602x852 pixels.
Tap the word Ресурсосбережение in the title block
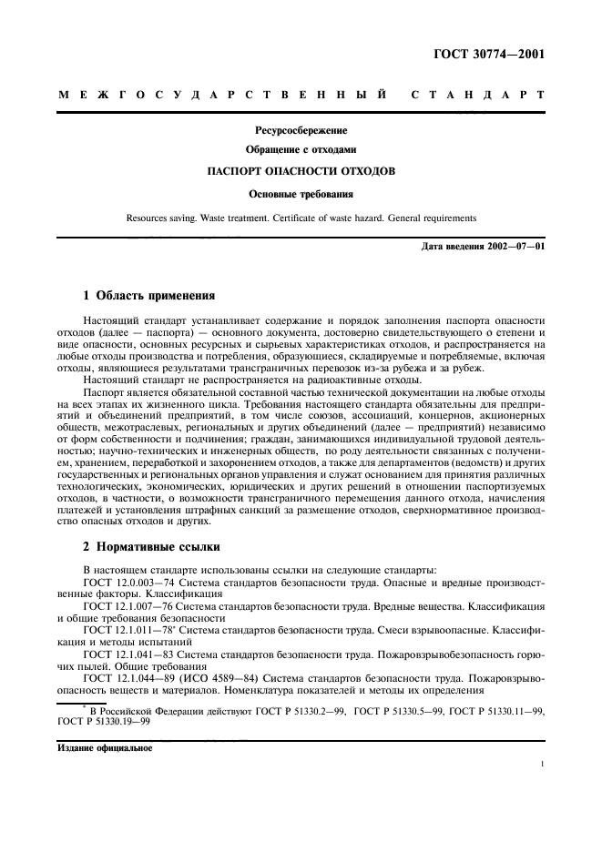[301, 130]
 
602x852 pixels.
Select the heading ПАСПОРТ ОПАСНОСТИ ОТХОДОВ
[301, 169]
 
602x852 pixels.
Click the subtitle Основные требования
[301, 193]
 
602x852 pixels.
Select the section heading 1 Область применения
[149, 296]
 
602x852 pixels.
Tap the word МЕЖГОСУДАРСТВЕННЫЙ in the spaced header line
[219, 95]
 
